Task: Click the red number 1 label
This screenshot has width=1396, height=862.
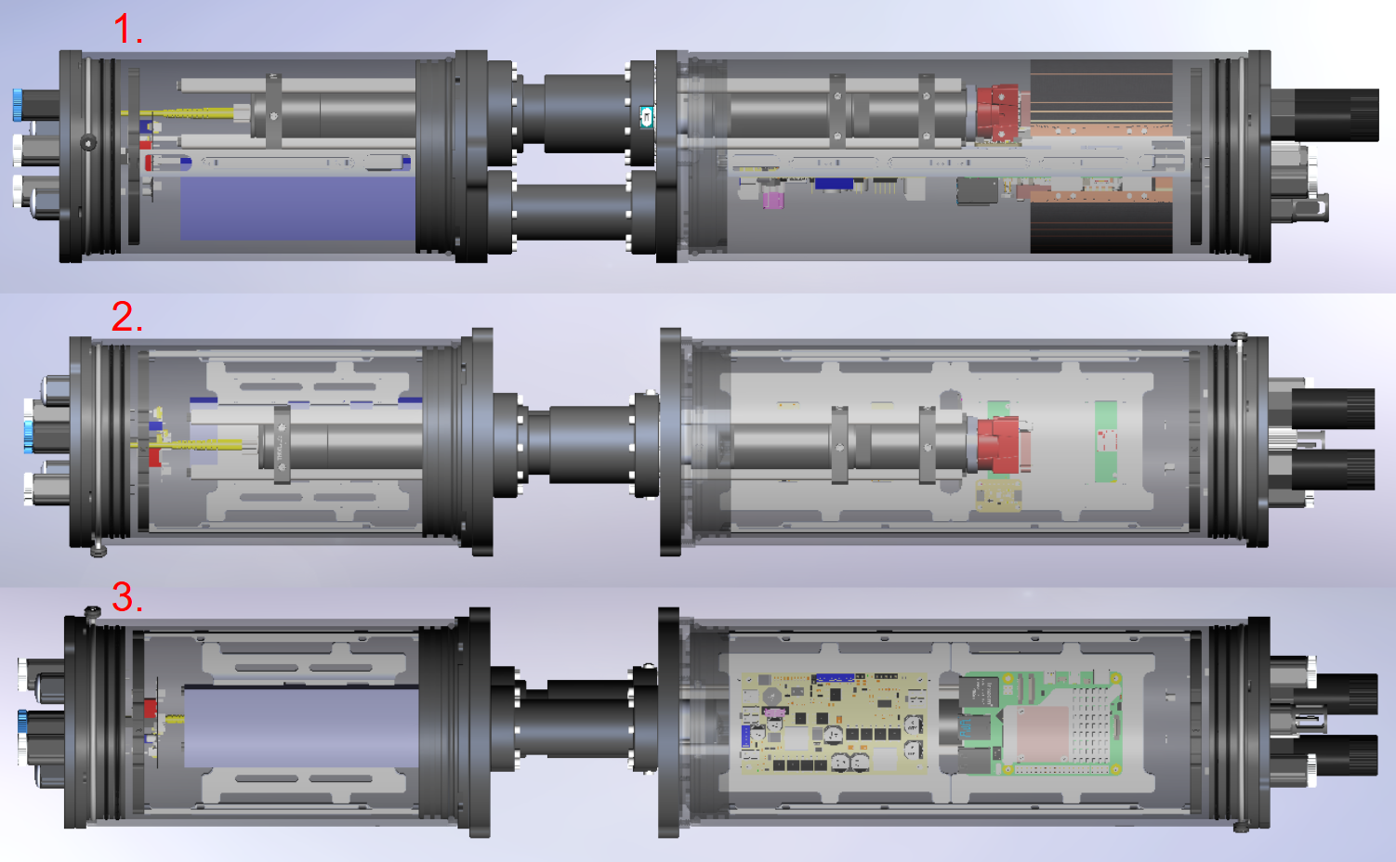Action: point(127,29)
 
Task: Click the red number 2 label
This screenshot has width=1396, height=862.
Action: point(127,317)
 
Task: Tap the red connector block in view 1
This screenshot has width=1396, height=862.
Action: point(997,112)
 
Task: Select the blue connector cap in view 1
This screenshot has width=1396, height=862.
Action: point(18,105)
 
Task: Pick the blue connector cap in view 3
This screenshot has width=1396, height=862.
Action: point(23,730)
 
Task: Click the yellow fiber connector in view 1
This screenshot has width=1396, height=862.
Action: point(180,112)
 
